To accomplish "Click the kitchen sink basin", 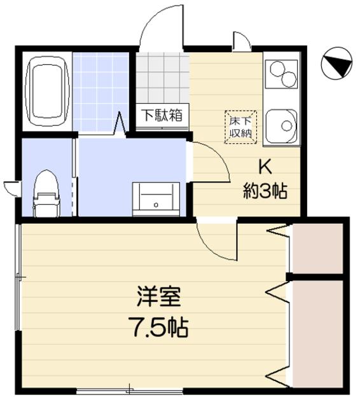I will coord(280,125).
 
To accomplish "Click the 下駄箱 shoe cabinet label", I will coord(162,116).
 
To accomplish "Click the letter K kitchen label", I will coord(265,167).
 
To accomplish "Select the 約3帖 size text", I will coord(265,191).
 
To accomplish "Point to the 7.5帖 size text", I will coord(159,328).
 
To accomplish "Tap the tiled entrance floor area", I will coord(162,79).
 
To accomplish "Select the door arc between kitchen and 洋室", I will coord(216,242).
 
